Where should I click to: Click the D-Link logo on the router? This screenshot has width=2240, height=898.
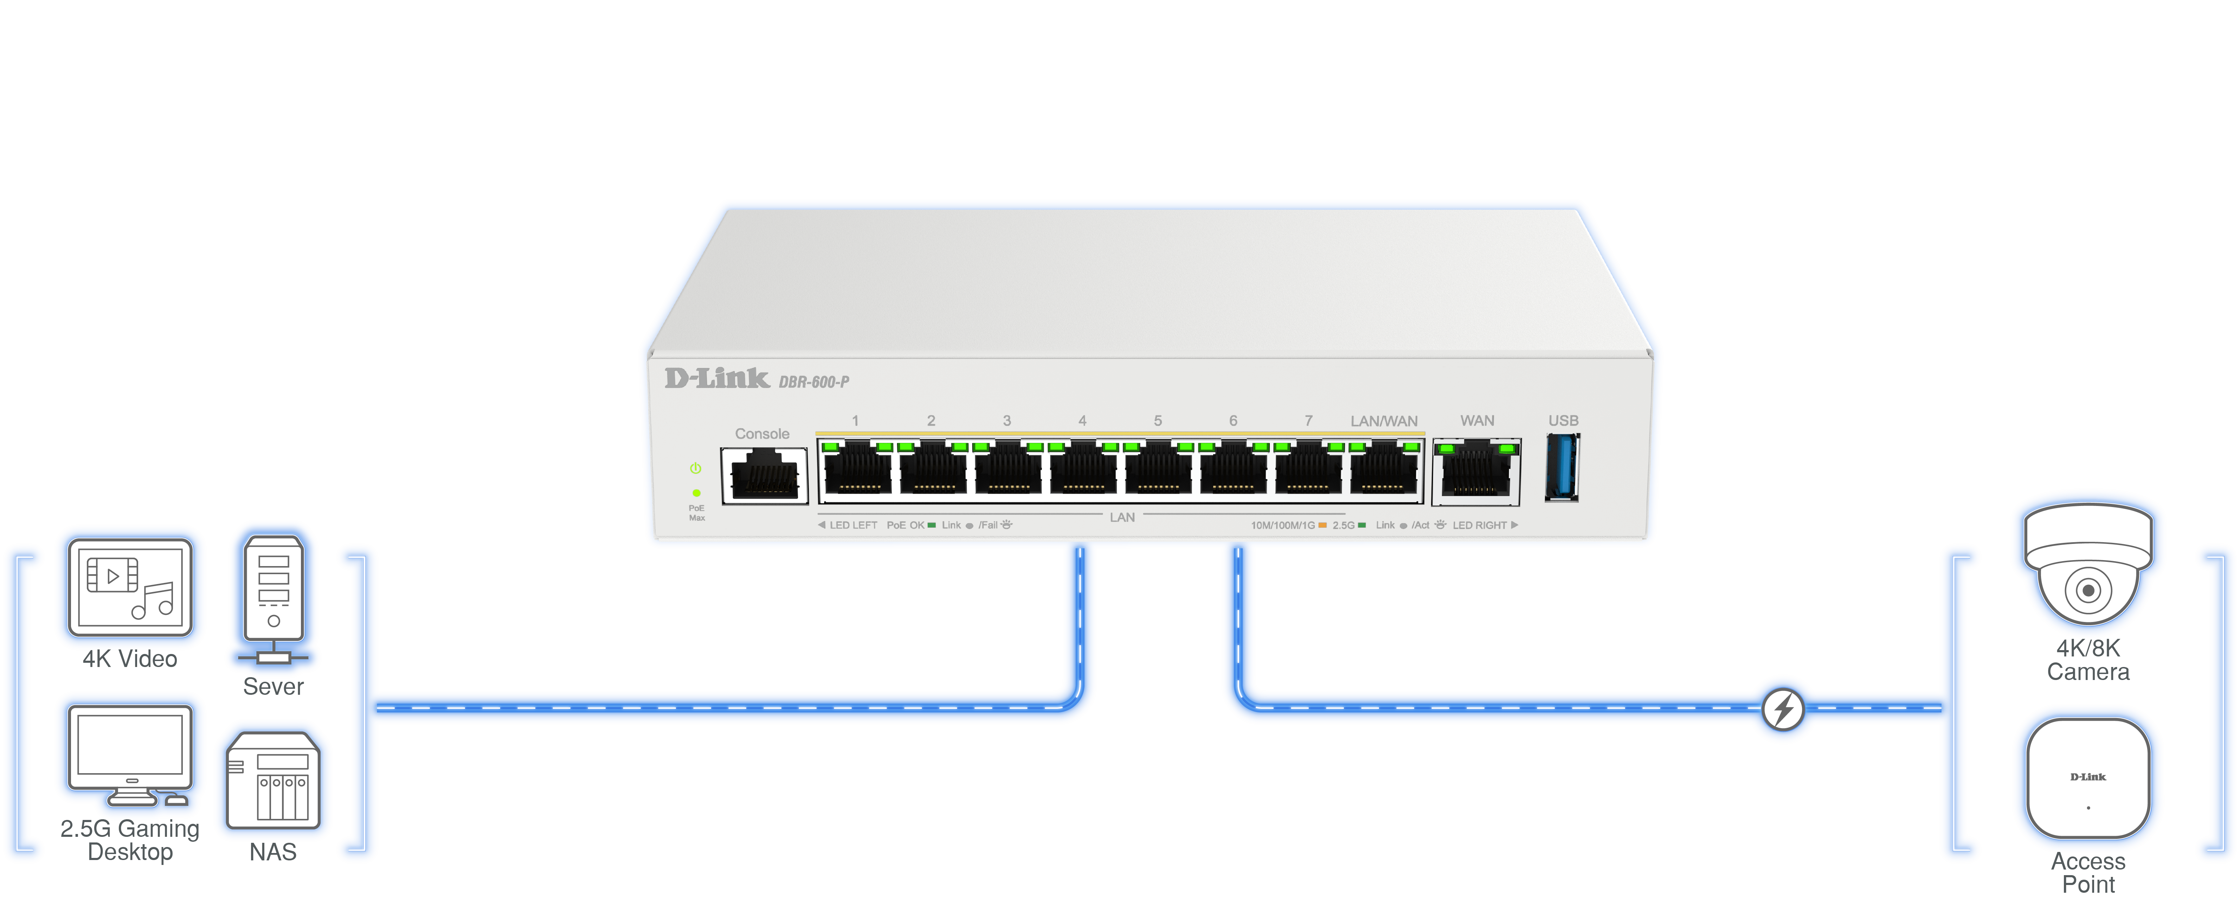tap(716, 378)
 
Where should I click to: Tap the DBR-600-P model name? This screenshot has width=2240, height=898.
tap(814, 381)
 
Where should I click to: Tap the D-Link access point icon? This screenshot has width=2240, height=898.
tap(2088, 778)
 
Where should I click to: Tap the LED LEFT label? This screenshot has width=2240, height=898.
tap(852, 525)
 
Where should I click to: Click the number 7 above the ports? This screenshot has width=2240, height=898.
tap(1308, 421)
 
